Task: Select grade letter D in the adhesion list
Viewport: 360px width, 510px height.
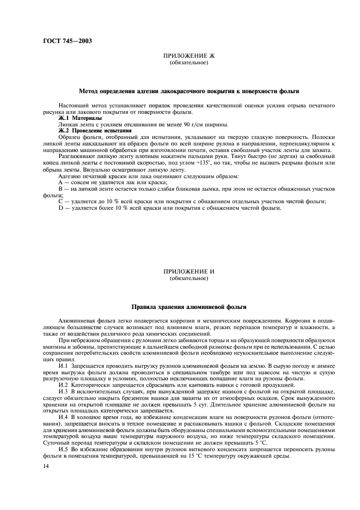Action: (60, 207)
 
